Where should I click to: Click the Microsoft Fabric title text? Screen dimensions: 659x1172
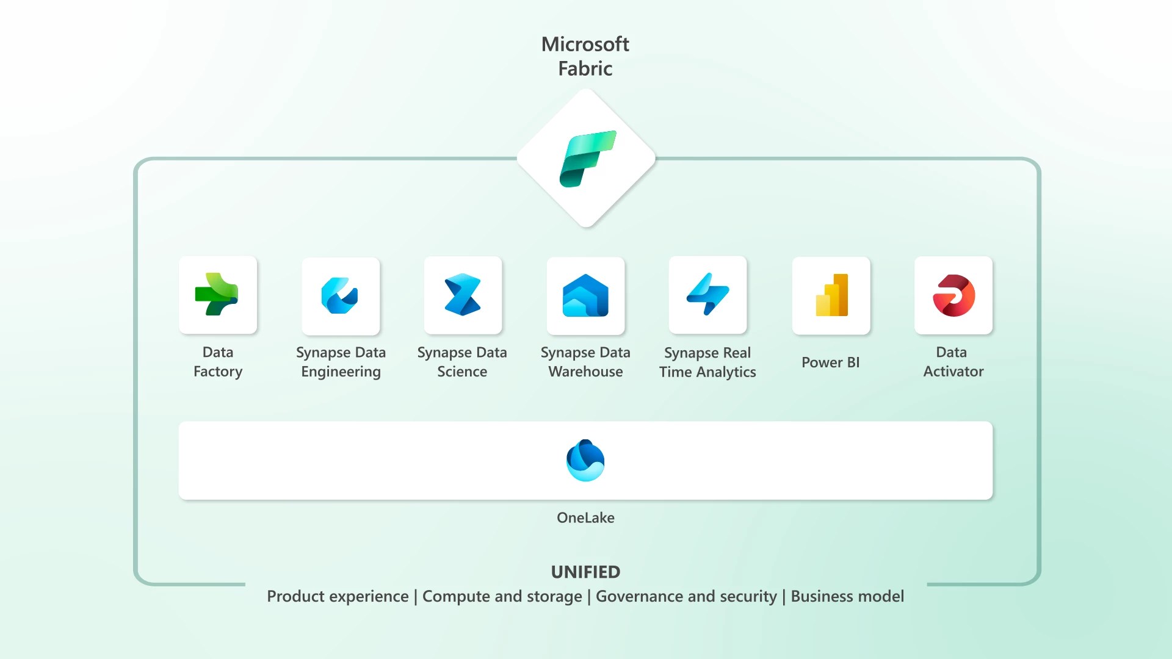(585, 56)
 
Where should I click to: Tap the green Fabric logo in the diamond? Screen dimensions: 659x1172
(587, 159)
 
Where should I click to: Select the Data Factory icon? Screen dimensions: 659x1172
(217, 295)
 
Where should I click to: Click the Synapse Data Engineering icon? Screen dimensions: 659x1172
(340, 296)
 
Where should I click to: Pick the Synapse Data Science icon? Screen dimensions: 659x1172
(463, 295)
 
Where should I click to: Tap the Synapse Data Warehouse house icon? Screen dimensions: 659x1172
(585, 296)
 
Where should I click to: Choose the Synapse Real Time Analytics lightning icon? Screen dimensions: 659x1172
(707, 295)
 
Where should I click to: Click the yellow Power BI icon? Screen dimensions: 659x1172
(831, 295)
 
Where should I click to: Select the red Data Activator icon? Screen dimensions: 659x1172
(953, 295)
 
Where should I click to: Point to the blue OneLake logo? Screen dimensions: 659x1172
(585, 461)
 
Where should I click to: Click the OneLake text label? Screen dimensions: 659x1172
(585, 517)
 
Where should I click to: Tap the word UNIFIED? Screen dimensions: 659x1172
(585, 572)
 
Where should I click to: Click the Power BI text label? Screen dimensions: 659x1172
(830, 362)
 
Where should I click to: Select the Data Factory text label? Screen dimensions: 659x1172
(218, 362)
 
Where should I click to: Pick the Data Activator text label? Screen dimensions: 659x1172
(953, 362)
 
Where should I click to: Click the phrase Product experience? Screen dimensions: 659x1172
(338, 596)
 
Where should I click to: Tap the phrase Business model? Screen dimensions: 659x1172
(847, 596)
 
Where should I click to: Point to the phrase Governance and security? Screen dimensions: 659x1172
(686, 596)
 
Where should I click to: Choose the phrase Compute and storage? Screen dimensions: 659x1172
(502, 596)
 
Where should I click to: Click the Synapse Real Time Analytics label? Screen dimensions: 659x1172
(707, 362)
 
